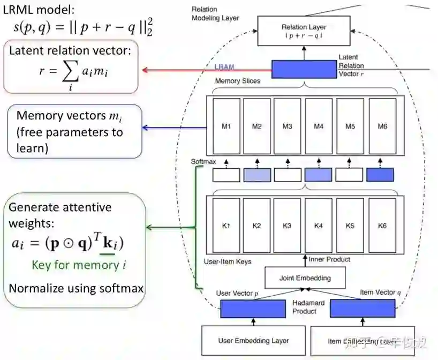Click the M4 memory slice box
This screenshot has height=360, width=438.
[x=319, y=126]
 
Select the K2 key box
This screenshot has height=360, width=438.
[x=256, y=226]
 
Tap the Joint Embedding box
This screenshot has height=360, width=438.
[x=305, y=278]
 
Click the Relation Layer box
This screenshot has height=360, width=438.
[x=304, y=31]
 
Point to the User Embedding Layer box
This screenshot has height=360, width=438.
[x=253, y=340]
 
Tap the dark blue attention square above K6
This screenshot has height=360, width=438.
[x=380, y=175]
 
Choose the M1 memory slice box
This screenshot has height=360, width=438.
[x=225, y=126]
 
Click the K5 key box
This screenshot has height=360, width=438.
[x=350, y=226]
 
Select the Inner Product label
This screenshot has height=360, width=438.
[x=329, y=259]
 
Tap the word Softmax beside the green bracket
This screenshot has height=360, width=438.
[x=203, y=161]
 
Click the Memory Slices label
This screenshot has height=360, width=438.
[x=238, y=81]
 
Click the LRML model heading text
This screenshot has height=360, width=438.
[x=40, y=9]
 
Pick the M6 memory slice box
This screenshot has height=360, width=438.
[x=382, y=126]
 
